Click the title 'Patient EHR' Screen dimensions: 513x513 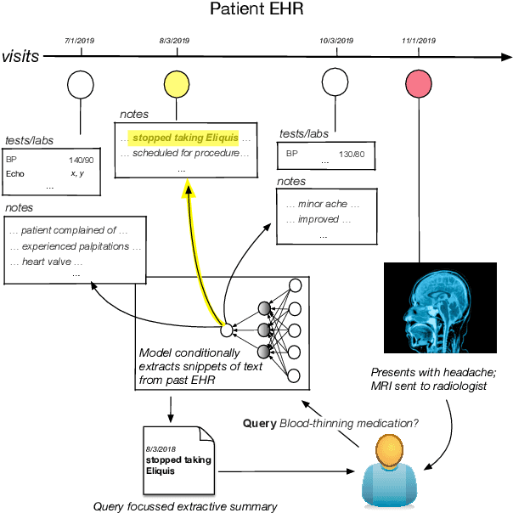click(x=256, y=12)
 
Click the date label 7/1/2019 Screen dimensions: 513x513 click(x=81, y=40)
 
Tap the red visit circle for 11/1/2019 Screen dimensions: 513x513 click(x=419, y=85)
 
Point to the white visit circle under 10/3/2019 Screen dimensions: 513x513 click(x=335, y=85)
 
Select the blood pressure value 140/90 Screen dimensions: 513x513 click(x=82, y=159)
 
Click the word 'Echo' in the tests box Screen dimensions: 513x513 click(x=15, y=173)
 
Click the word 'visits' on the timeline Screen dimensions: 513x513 click(x=20, y=57)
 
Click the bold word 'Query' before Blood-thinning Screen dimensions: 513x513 click(x=258, y=422)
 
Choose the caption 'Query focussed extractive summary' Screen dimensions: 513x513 click(x=185, y=506)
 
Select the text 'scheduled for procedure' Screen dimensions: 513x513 click(x=184, y=153)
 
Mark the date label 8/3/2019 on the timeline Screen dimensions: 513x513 click(x=175, y=40)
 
